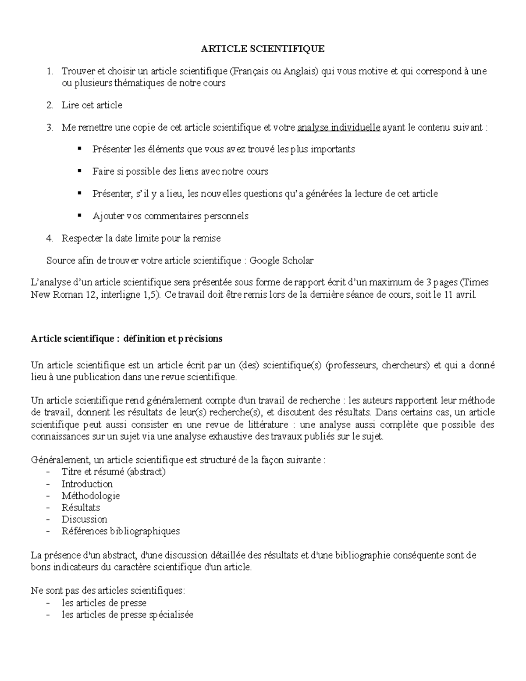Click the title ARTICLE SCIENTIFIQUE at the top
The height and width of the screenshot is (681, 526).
point(263,49)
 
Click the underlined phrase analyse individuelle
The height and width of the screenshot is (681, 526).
point(338,128)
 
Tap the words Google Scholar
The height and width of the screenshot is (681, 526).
point(281,260)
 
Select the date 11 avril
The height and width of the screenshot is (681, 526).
point(459,295)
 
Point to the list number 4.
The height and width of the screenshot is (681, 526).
point(50,238)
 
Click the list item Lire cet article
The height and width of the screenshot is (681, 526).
point(92,105)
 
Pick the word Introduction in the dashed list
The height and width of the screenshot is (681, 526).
point(87,484)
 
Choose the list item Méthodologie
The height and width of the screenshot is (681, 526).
point(90,496)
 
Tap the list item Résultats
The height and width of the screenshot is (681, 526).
point(81,507)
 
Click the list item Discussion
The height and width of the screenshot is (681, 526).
point(84,519)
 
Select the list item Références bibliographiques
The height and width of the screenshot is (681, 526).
point(121,531)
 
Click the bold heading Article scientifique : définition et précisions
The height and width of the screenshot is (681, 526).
point(127,339)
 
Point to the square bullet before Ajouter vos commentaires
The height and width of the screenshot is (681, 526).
point(79,215)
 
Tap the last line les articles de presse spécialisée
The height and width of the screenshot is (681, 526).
point(127,614)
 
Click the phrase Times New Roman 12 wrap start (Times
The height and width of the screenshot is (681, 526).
point(476,283)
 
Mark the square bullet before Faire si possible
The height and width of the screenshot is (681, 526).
point(79,171)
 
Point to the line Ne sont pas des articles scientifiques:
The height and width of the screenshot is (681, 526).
point(108,591)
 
